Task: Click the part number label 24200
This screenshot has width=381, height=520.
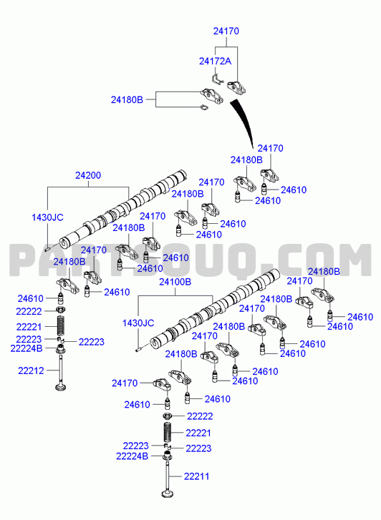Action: coord(88,175)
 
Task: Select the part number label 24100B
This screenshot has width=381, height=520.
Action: coord(175,282)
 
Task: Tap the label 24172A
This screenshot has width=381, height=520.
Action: coord(216,61)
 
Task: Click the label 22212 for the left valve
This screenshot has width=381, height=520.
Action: coord(31,371)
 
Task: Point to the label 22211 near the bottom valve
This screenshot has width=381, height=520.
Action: coord(197,476)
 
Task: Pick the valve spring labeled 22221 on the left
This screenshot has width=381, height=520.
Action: coord(61,325)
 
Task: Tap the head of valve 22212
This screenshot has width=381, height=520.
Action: coord(61,387)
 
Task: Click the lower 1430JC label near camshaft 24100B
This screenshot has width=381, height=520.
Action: coord(138,323)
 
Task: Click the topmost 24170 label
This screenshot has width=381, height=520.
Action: coord(226,31)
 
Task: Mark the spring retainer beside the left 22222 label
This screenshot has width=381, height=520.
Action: coord(61,310)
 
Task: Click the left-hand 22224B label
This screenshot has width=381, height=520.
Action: coord(26,348)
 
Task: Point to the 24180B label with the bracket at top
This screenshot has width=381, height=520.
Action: coord(127,99)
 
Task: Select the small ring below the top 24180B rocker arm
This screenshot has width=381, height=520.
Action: coord(204,107)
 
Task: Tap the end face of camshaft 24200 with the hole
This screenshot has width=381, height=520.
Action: coord(64,242)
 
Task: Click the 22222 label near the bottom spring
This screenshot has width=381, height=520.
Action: coord(200,416)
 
